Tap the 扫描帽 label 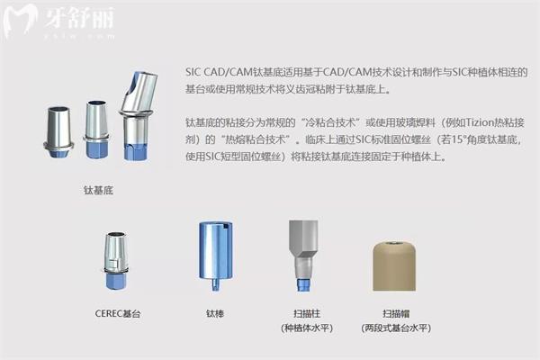394,313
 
